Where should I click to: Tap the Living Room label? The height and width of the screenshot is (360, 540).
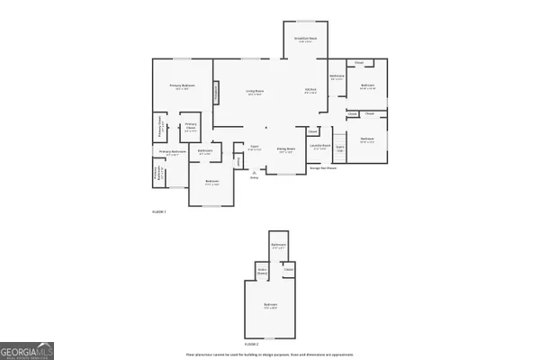[x=256, y=92]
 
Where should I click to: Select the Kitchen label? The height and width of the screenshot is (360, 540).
[x=310, y=92]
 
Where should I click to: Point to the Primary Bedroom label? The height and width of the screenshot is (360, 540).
[x=182, y=85]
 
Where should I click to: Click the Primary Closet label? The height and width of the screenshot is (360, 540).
[x=191, y=127]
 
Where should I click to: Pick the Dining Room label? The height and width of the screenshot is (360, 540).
[x=287, y=150]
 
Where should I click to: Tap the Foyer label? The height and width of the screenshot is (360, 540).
[x=254, y=148]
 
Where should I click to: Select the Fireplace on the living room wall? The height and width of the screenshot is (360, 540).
[x=216, y=93]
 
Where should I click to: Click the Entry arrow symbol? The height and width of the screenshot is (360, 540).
[x=252, y=171]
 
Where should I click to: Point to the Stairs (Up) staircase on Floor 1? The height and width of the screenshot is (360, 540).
[x=341, y=148]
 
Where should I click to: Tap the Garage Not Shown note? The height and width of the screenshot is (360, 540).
[x=323, y=167]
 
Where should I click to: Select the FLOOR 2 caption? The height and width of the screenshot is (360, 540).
[x=252, y=343]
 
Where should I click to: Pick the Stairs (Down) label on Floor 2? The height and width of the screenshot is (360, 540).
[x=264, y=270]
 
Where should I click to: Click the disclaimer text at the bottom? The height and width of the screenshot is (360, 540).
[x=269, y=354]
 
